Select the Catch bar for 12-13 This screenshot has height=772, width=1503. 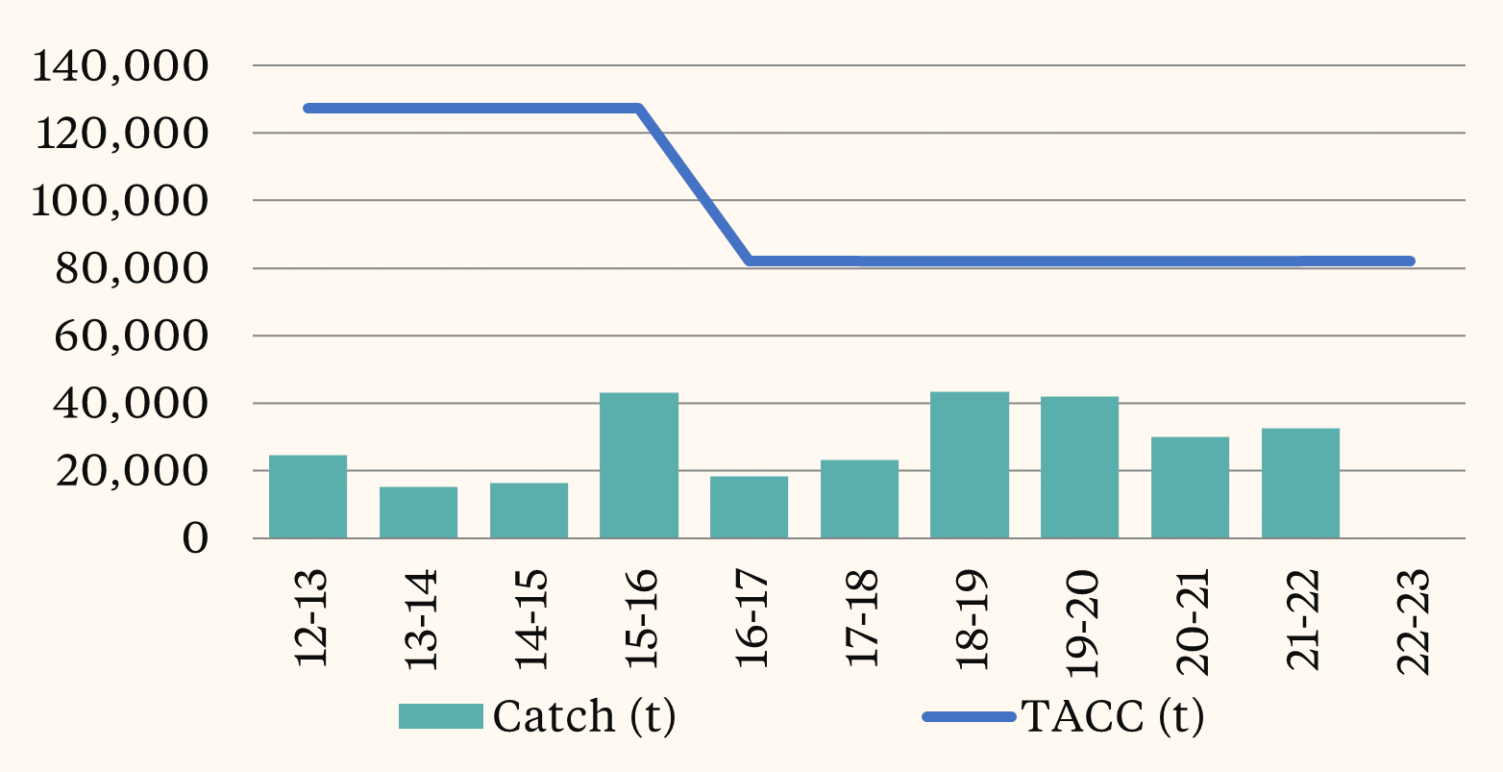coord(308,496)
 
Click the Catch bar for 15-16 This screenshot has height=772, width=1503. coord(638,465)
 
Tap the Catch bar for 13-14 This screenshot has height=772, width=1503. coord(418,512)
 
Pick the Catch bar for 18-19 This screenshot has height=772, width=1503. coord(969,464)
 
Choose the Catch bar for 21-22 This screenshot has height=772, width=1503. coord(1300,483)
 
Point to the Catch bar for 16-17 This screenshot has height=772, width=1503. coord(749,507)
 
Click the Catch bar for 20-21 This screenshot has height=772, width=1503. coord(1190,487)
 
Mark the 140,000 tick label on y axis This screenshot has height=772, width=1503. coord(120,66)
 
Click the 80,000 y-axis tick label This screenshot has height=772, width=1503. coord(132,269)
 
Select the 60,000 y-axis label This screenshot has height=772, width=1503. coord(132,336)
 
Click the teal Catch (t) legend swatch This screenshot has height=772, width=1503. coord(441,716)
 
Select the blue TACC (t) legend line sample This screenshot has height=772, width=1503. coord(969,716)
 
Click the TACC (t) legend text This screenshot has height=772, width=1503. coord(1112,716)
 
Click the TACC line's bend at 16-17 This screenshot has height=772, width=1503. coord(750,261)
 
